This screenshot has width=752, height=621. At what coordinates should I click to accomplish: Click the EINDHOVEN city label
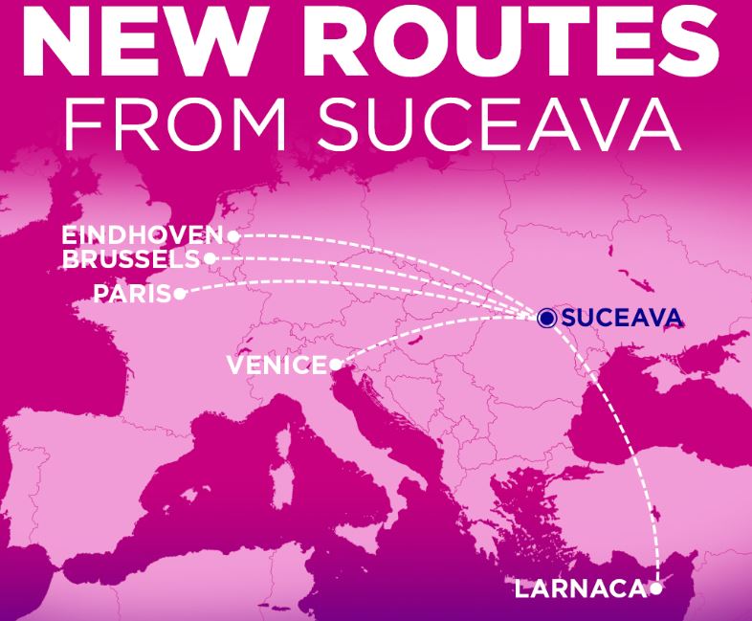click(143, 235)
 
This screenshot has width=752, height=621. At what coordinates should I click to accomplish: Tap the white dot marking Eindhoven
click(232, 235)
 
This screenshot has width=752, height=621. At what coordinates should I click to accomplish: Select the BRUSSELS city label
click(131, 258)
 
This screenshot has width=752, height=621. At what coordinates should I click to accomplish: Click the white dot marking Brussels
click(210, 258)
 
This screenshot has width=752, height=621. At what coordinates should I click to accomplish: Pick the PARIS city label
click(132, 293)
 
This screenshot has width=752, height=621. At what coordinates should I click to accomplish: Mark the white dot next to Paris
click(180, 294)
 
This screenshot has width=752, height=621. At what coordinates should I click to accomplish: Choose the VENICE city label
click(277, 365)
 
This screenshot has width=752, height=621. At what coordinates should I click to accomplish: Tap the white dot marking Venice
click(335, 365)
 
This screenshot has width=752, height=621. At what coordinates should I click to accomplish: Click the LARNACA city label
click(580, 588)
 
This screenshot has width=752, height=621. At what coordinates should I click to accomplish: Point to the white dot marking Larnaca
click(655, 588)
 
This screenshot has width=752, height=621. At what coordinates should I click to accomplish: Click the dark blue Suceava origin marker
click(546, 319)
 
